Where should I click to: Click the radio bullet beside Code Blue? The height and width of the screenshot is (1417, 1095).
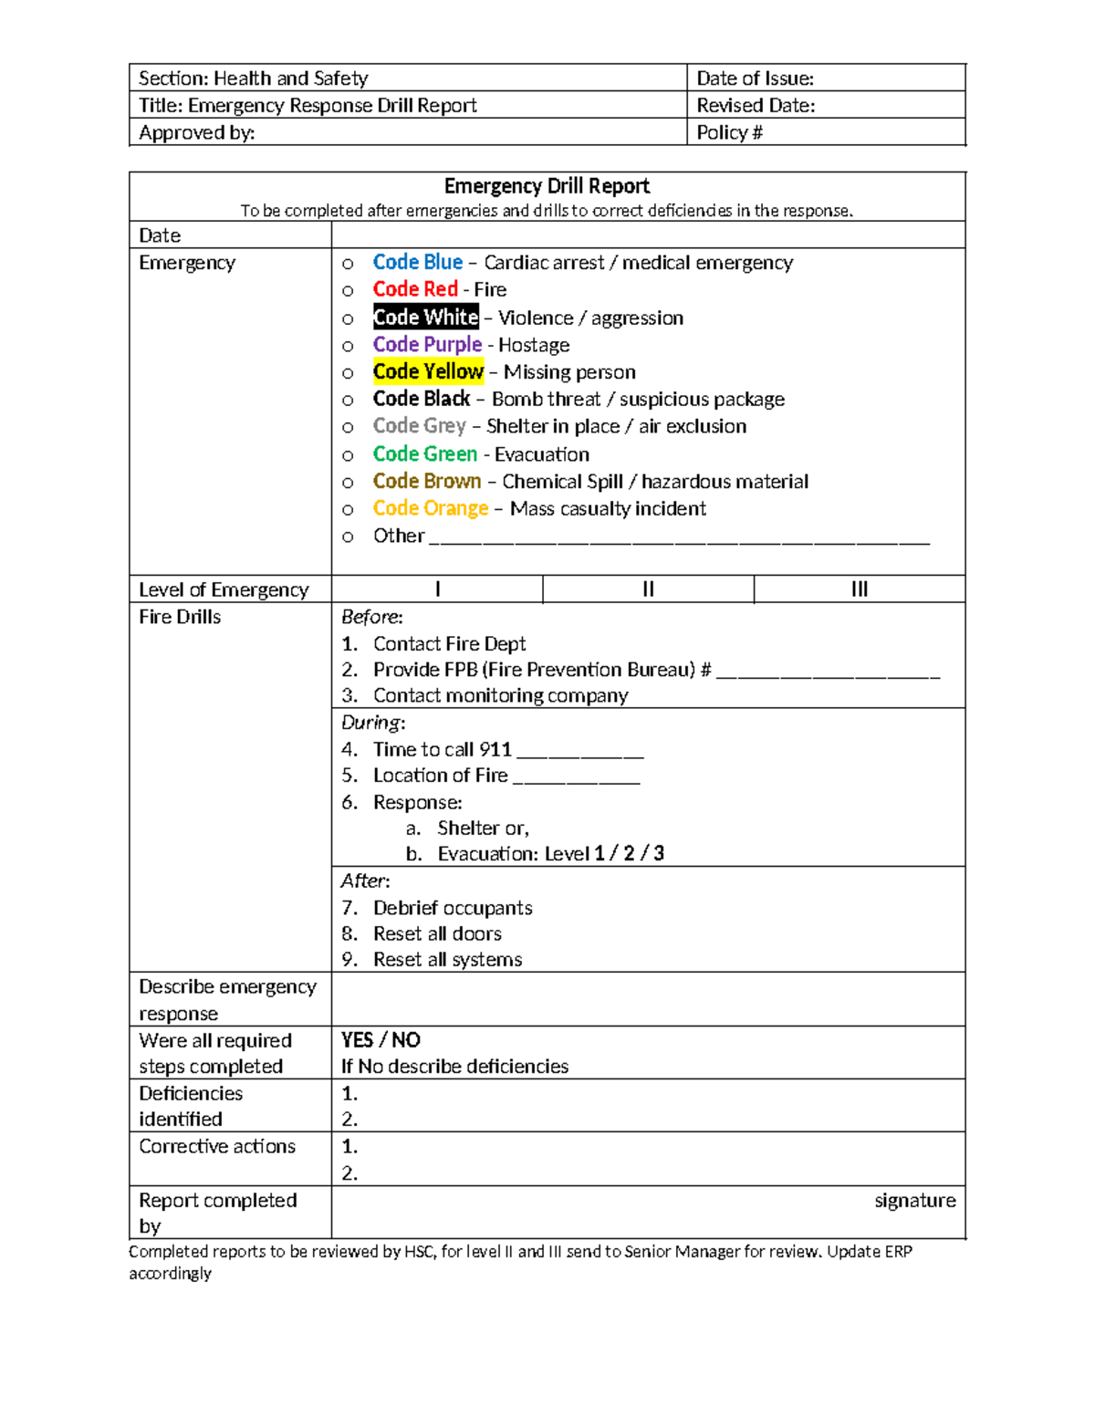click(348, 264)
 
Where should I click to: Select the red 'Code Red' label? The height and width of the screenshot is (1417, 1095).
click(415, 289)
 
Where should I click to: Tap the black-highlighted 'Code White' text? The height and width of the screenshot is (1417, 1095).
click(425, 318)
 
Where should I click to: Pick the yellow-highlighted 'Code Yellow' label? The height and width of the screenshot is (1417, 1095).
click(428, 371)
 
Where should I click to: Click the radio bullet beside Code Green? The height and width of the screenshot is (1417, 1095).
click(348, 455)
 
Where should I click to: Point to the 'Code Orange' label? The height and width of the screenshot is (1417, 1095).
click(431, 508)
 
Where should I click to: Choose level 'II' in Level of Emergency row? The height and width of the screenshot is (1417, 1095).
click(648, 589)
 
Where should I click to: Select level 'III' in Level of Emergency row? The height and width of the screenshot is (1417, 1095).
click(859, 589)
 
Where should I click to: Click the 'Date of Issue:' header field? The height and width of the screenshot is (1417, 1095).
click(755, 78)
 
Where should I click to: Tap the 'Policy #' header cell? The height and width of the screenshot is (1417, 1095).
click(729, 132)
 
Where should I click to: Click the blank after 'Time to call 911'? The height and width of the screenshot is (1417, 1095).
click(580, 753)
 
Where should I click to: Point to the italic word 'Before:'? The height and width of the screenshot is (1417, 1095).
click(371, 617)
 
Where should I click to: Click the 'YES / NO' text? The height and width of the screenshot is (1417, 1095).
click(381, 1040)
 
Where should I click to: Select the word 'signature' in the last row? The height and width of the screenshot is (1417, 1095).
click(914, 1201)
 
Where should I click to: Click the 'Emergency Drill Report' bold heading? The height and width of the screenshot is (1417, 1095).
click(547, 186)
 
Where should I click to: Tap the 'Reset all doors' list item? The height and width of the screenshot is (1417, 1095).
click(437, 933)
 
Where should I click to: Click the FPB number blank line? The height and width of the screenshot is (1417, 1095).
click(828, 673)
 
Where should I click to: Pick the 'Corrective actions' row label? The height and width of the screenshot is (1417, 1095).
click(217, 1147)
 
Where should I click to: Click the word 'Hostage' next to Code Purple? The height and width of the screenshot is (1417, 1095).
click(534, 345)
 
